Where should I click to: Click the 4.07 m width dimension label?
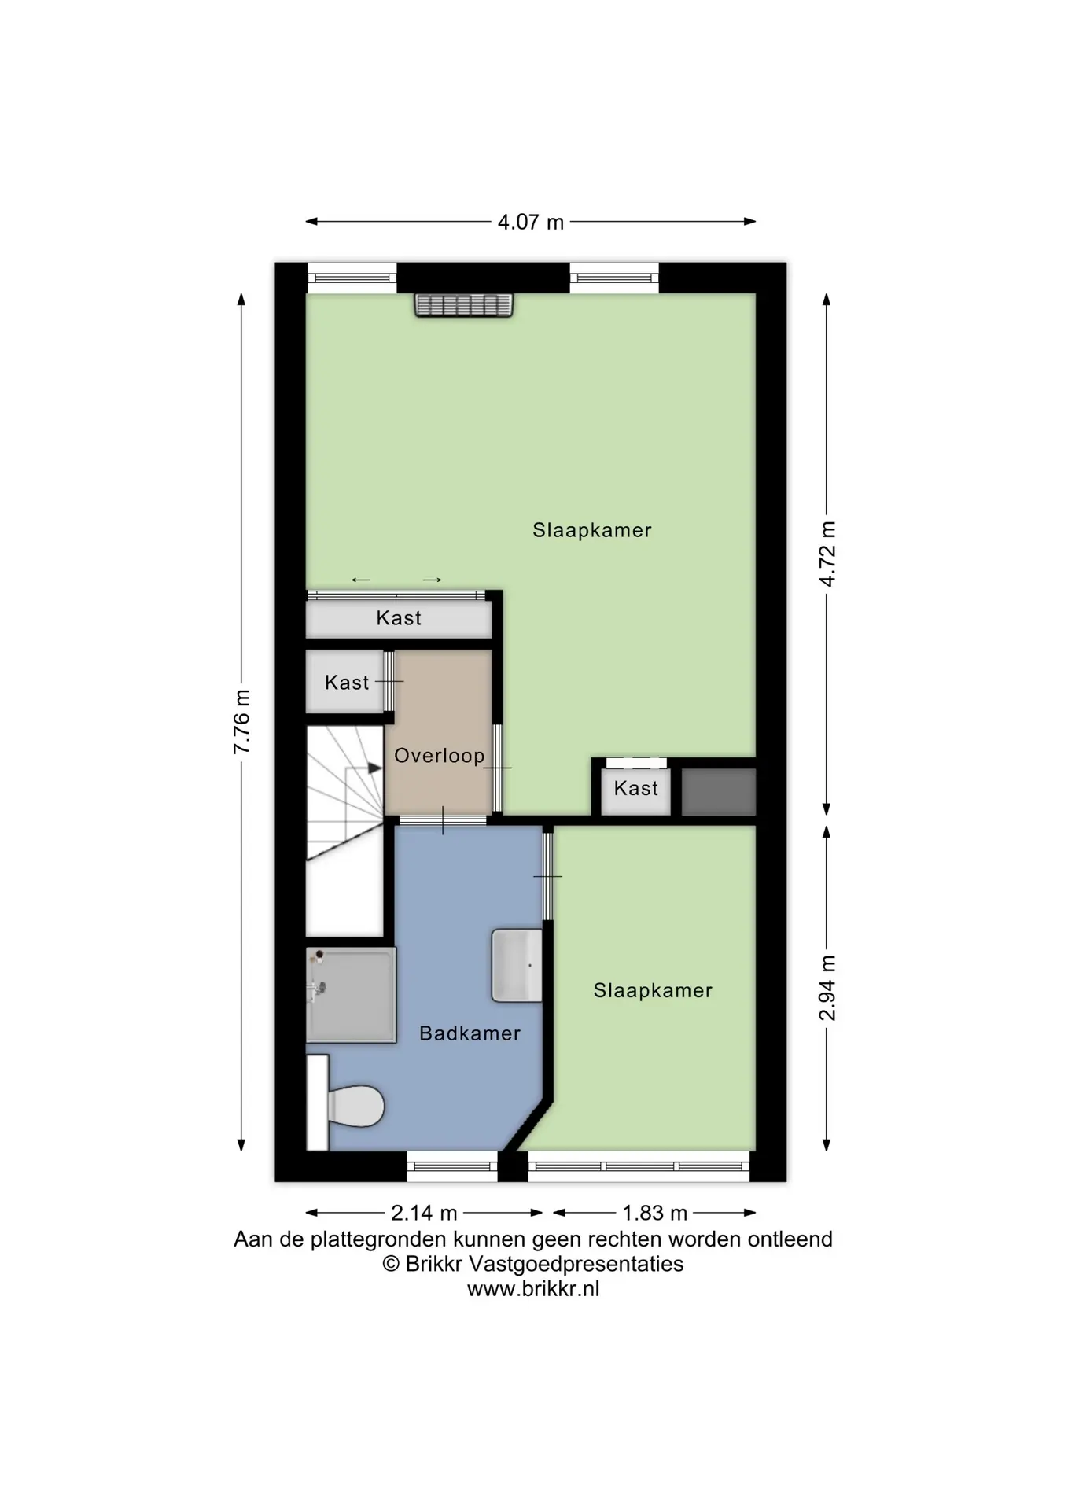coord(531,223)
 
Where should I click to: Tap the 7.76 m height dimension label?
coord(241,721)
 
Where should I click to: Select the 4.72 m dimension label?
coord(827,554)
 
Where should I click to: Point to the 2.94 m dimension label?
coord(827,988)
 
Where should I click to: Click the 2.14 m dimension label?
coord(424,1214)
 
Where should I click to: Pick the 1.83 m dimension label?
coord(654,1214)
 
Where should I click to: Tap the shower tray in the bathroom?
coord(351,995)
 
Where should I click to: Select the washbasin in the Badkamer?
coord(517,966)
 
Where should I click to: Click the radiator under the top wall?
coord(464,305)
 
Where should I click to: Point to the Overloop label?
coord(439,756)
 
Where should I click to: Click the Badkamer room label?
coord(470,1033)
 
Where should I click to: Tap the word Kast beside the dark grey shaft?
coord(635,788)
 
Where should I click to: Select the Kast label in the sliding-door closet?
coord(399,618)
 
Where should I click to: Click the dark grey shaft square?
coord(718,792)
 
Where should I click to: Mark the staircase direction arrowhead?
coord(375,768)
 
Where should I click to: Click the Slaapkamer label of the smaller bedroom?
coord(653,991)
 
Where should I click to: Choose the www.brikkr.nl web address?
coord(533,1289)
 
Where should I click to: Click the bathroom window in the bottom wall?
coord(452,1166)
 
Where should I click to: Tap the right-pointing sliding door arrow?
coord(432,580)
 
